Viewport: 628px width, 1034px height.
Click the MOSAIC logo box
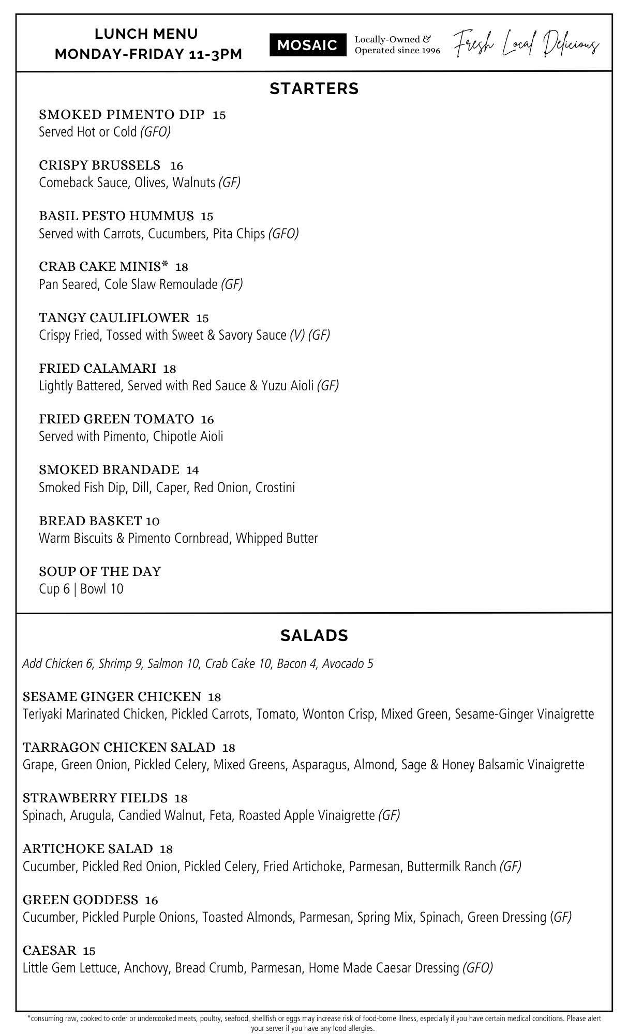point(307,45)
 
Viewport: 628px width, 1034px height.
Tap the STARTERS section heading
point(314,89)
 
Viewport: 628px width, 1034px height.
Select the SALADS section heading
point(314,635)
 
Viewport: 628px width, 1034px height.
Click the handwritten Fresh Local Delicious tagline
point(527,44)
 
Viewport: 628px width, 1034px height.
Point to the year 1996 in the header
point(429,51)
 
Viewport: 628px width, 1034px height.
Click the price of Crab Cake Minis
point(182,267)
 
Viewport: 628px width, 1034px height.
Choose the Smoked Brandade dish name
point(109,470)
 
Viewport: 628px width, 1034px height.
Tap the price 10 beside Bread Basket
point(153,521)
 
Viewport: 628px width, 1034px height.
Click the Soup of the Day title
point(100,572)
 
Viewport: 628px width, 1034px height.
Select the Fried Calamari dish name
point(97,369)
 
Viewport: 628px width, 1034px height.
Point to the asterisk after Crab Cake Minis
point(165,265)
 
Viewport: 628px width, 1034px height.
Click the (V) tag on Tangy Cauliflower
point(297,335)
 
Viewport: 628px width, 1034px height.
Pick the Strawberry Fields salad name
point(95,798)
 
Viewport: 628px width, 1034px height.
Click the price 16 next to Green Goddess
point(152,900)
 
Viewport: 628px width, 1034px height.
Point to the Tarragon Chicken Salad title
point(119,748)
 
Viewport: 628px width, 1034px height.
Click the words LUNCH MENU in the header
point(146,34)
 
